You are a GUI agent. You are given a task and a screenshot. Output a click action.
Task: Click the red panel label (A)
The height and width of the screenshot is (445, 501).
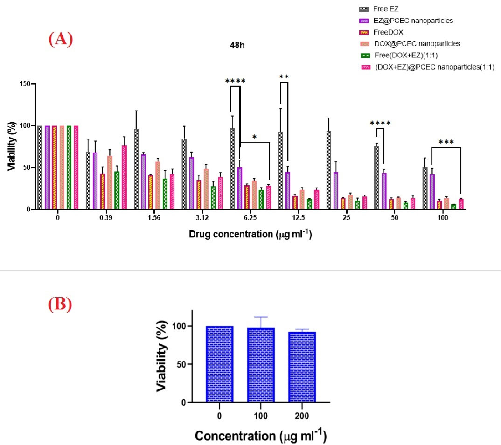click(x=61, y=39)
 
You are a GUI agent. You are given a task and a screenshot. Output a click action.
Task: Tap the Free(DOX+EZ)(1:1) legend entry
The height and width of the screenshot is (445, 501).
click(x=398, y=56)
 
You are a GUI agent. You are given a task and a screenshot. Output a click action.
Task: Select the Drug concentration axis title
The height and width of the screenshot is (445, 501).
click(x=250, y=234)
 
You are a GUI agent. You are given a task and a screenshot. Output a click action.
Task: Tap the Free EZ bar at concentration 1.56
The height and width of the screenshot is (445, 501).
click(x=136, y=169)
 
